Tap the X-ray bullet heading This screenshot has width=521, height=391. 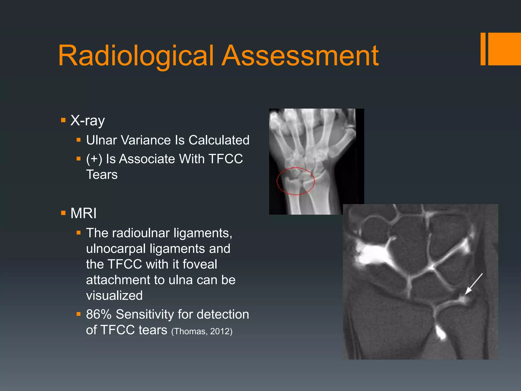pos(88,120)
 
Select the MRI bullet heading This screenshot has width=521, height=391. pos(83,213)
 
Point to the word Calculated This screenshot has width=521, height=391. pos(219,140)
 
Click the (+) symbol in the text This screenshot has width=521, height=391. pos(94,159)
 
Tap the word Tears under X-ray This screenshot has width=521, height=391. pos(102,175)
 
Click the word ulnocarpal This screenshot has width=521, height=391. pos(116,249)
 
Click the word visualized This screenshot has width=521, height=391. pos(114,296)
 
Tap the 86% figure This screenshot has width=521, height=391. pos(99,314)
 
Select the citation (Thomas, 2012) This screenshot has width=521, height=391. pos(202,331)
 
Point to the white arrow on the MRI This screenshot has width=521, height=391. pos(473,284)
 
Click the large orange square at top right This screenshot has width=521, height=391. pos(505,49)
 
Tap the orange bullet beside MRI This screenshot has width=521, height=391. pos(63,213)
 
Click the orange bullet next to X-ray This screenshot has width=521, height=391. pos(63,120)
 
